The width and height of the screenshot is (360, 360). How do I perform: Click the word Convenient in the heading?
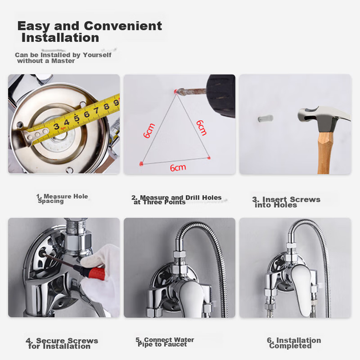pyautogui.click(x=123, y=26)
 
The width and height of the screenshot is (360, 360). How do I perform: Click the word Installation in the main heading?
pyautogui.click(x=60, y=38)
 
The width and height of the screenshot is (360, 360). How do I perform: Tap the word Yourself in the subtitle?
pyautogui.click(x=97, y=55)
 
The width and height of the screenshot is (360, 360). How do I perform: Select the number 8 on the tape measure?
pyautogui.click(x=106, y=106)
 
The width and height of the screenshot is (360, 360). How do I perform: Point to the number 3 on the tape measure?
pyautogui.click(x=56, y=126)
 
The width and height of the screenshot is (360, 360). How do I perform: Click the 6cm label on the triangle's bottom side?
pyautogui.click(x=178, y=168)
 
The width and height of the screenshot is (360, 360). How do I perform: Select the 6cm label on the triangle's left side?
pyautogui.click(x=149, y=131)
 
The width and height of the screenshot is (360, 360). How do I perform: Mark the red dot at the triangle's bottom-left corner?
pyautogui.click(x=141, y=163)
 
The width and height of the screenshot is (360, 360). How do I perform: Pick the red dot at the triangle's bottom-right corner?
pyautogui.click(x=209, y=158)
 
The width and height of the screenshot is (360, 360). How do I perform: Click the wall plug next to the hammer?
pyautogui.click(x=265, y=119)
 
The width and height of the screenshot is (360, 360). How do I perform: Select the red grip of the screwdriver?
pyautogui.click(x=94, y=271)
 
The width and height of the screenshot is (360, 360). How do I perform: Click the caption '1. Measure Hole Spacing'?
pyautogui.click(x=62, y=199)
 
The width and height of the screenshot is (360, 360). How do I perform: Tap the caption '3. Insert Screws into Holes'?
pyautogui.click(x=286, y=202)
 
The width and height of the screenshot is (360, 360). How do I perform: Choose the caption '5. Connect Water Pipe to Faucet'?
pyautogui.click(x=165, y=342)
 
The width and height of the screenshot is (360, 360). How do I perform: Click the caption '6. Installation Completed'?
pyautogui.click(x=294, y=343)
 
